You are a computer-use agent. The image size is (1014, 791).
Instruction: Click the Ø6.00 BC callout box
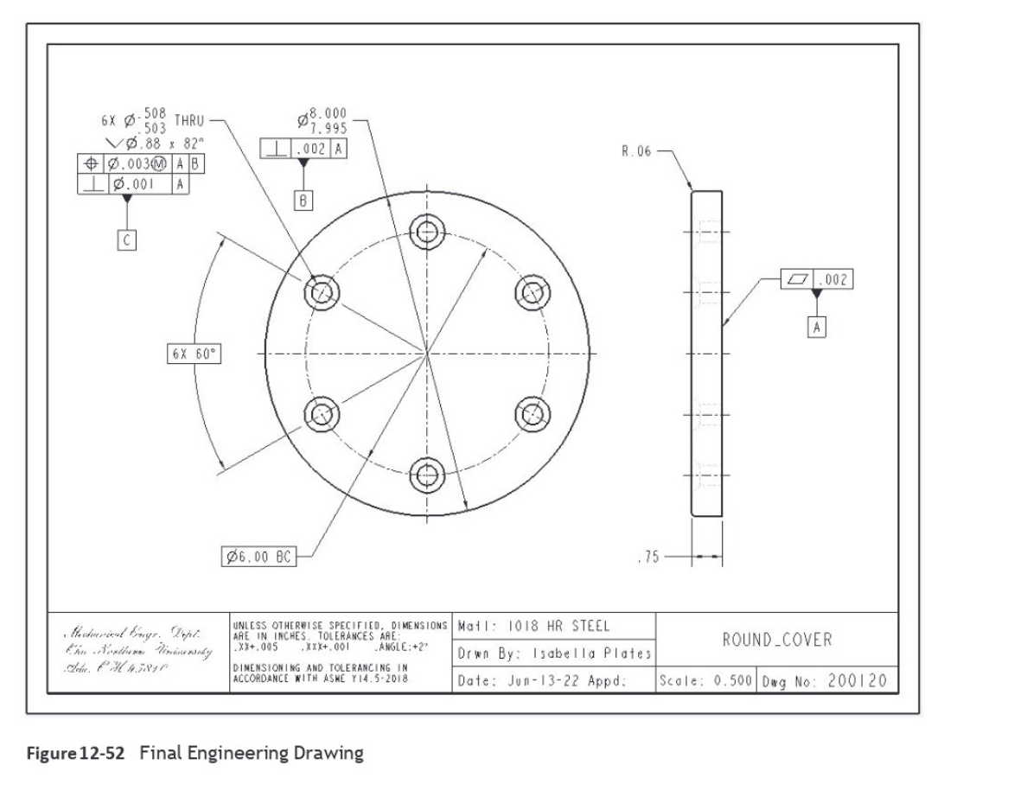[x=258, y=559]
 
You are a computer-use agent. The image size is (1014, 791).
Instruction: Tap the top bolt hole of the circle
[x=426, y=230]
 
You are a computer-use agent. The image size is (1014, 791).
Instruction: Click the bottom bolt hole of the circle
[x=426, y=473]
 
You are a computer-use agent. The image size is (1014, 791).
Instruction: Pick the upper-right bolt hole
[x=531, y=291]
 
